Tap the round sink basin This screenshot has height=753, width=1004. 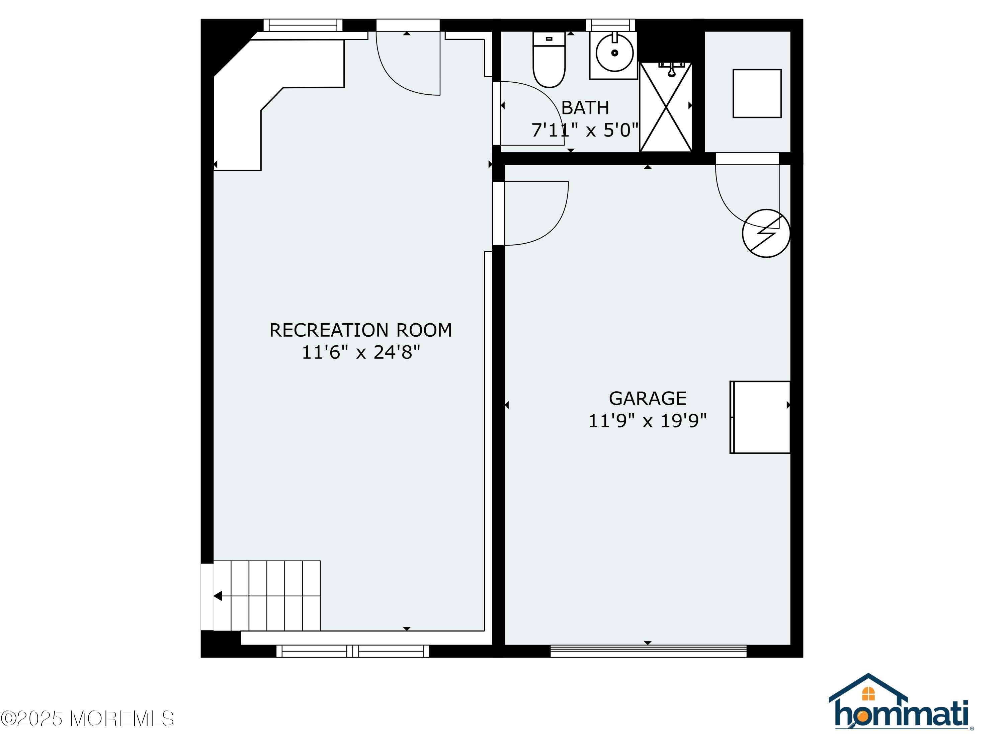[614, 53]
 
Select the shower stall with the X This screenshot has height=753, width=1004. [665, 107]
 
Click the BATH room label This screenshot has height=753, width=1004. [585, 108]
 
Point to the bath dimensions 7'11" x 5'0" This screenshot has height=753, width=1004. [585, 130]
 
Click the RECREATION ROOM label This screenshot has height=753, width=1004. [360, 330]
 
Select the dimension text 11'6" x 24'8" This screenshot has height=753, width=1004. [360, 352]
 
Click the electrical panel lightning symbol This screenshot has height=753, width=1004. [766, 233]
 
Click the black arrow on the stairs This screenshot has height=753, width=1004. [218, 596]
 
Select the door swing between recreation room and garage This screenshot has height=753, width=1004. [535, 213]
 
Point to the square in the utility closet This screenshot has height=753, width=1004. [757, 93]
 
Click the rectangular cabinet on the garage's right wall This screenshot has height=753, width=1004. [760, 417]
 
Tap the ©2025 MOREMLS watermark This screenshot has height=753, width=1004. [87, 719]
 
